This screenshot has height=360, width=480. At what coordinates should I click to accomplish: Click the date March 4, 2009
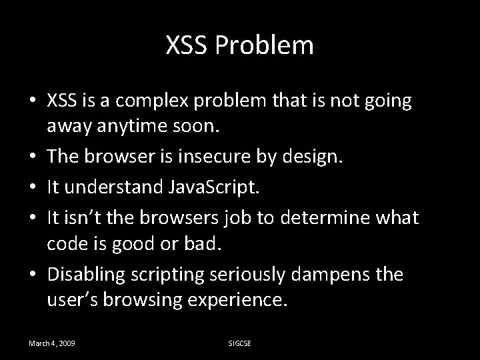[x=51, y=343]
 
